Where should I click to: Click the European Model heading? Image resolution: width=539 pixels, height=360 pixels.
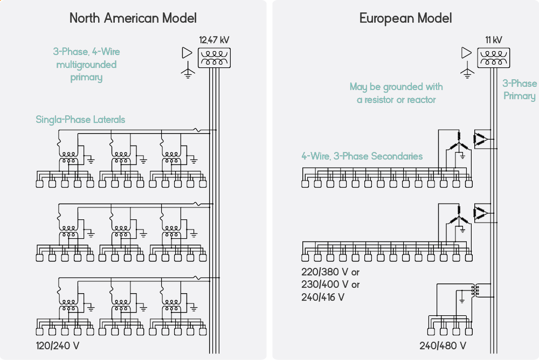[405, 18]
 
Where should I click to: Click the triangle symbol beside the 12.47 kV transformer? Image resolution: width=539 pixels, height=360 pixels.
[187, 53]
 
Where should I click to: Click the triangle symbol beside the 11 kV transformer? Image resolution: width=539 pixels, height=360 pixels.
[467, 53]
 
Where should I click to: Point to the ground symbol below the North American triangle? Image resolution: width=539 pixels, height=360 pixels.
[188, 73]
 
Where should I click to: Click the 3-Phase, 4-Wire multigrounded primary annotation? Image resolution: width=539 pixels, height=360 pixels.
[86, 65]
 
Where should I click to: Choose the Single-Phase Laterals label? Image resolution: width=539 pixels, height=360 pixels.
[80, 119]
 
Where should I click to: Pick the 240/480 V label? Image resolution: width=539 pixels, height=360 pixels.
[443, 345]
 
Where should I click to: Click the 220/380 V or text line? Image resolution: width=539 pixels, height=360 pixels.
[330, 272]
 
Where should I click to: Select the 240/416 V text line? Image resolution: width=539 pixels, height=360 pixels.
[323, 297]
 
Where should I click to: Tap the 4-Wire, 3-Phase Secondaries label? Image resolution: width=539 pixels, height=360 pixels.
[362, 156]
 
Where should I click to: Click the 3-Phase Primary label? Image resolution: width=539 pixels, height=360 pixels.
[520, 89]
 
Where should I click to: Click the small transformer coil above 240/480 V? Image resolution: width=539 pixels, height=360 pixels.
[474, 291]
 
